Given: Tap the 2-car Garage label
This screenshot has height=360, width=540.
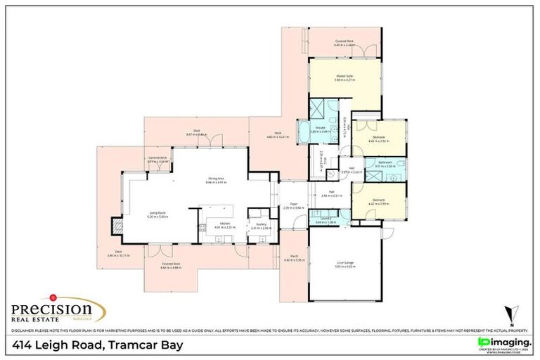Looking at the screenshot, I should [345, 262].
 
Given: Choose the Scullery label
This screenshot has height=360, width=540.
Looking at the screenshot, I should [260, 224].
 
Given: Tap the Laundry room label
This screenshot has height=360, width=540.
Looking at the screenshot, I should [324, 218].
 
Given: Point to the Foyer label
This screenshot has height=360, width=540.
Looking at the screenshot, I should [292, 205].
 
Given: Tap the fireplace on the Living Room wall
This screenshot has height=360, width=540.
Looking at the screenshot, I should [116, 226].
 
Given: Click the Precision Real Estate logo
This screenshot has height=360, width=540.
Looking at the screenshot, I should [57, 310].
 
